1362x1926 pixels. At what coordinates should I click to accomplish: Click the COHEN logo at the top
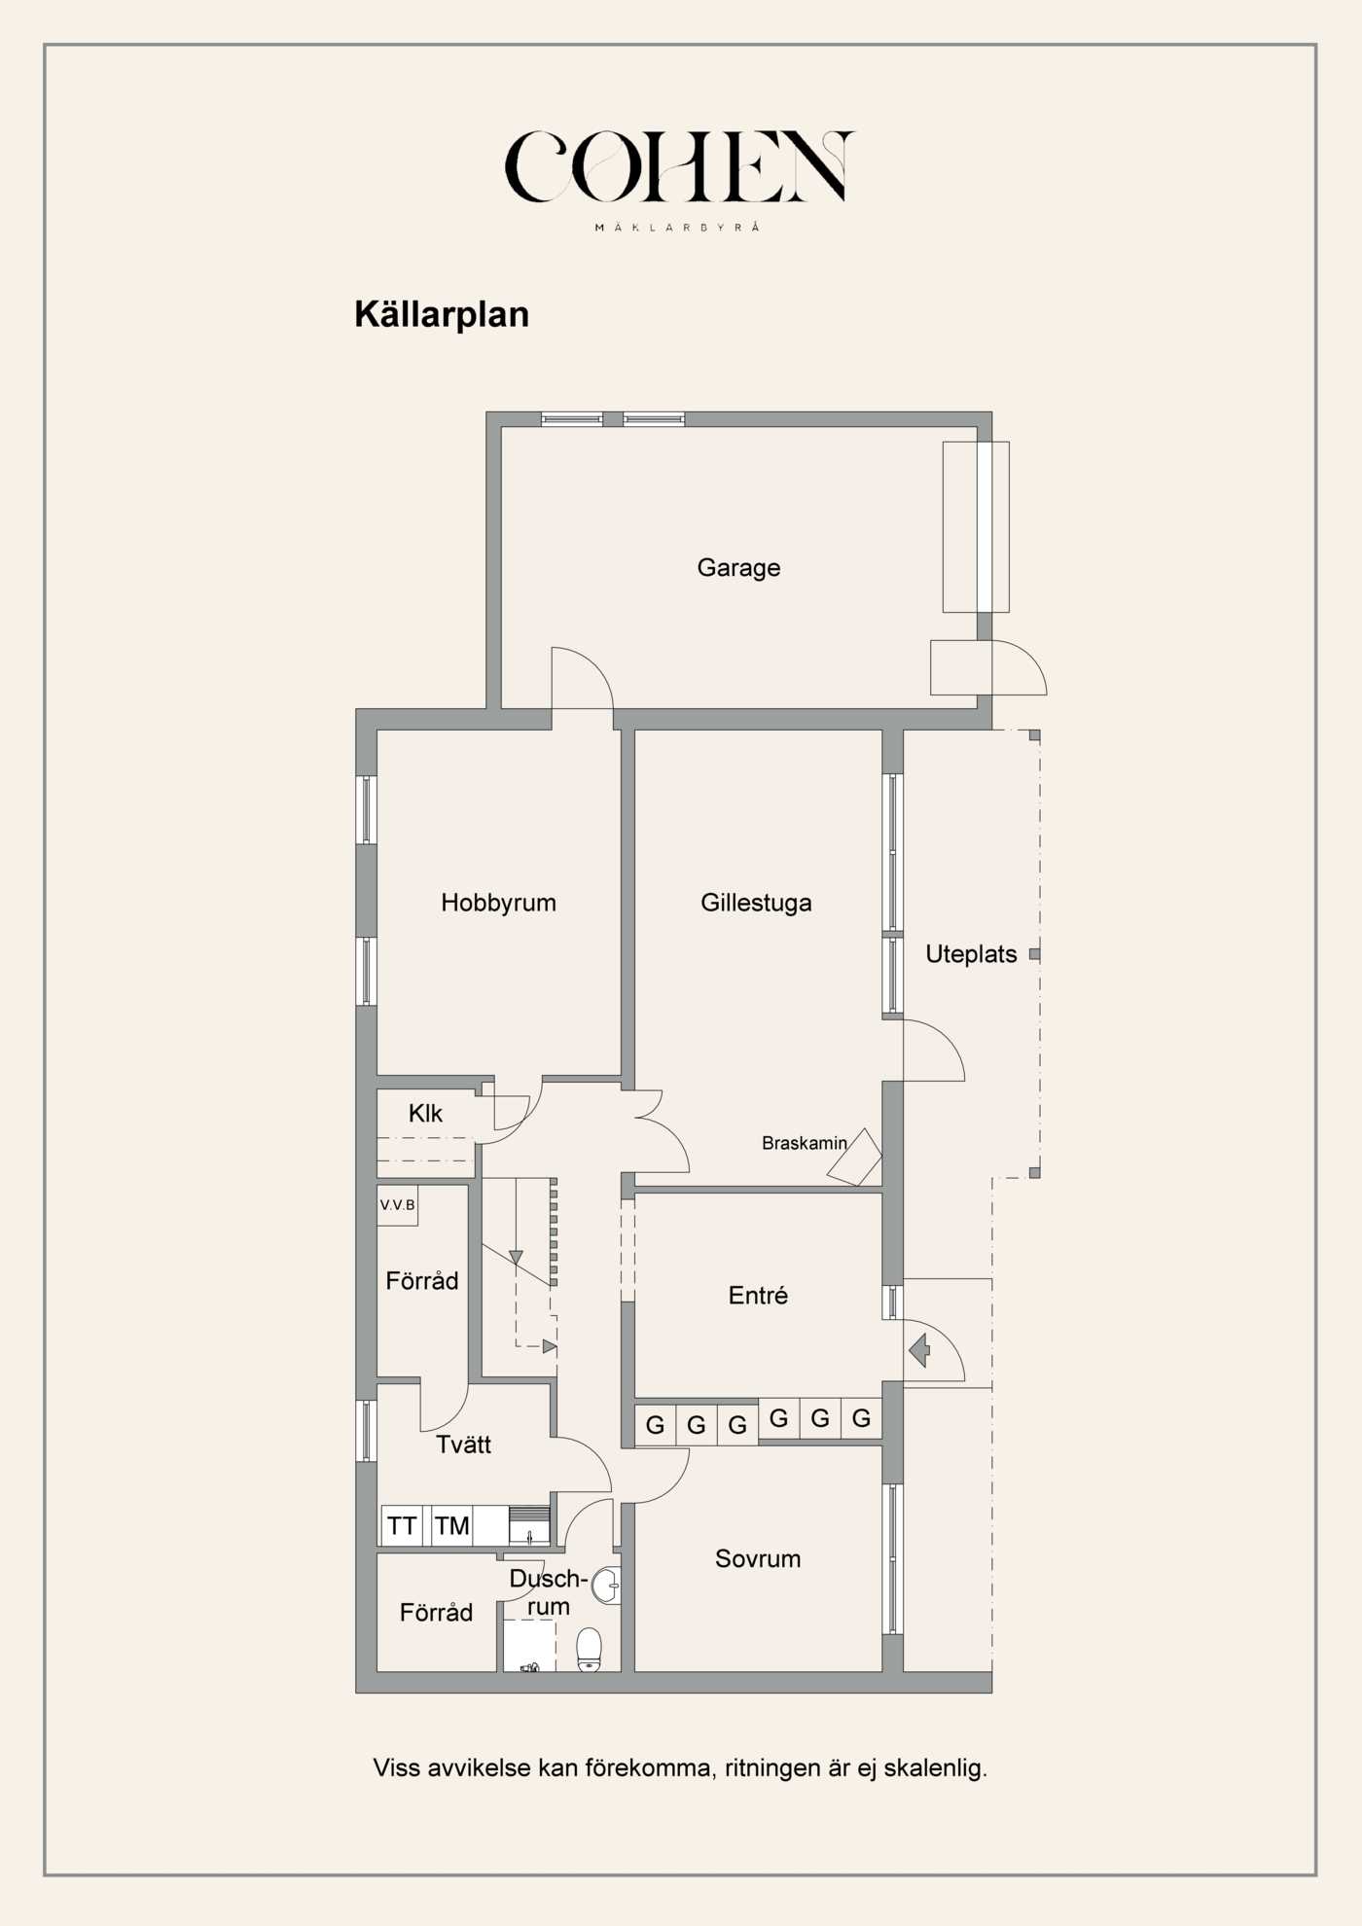click(x=679, y=167)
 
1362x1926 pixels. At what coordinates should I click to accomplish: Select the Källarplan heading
click(x=442, y=315)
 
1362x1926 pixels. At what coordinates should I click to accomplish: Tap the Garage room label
click(x=738, y=568)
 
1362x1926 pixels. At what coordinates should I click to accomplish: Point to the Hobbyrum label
click(x=498, y=903)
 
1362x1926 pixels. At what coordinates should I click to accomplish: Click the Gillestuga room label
click(x=756, y=903)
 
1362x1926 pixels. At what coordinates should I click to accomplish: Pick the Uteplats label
click(x=971, y=954)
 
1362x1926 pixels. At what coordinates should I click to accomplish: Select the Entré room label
click(x=758, y=1296)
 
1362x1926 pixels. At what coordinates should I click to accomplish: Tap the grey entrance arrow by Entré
click(x=919, y=1350)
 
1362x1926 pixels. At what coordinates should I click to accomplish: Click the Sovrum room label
click(x=758, y=1559)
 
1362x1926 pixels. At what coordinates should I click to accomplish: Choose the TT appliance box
click(x=403, y=1526)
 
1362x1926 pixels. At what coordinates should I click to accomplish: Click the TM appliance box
click(x=451, y=1526)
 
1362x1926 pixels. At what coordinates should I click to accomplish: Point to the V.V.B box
click(x=397, y=1205)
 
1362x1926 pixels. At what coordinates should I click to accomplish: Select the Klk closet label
click(x=425, y=1114)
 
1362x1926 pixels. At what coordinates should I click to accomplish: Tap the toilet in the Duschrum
click(x=589, y=1650)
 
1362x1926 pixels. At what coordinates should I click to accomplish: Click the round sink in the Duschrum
click(x=607, y=1586)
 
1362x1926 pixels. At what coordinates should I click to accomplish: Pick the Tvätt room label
click(x=463, y=1445)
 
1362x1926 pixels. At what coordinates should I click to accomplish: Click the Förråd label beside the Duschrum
click(x=436, y=1613)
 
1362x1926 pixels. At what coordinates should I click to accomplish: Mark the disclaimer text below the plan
click(x=680, y=1767)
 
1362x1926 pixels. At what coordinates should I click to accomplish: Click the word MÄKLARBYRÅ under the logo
click(x=677, y=228)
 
